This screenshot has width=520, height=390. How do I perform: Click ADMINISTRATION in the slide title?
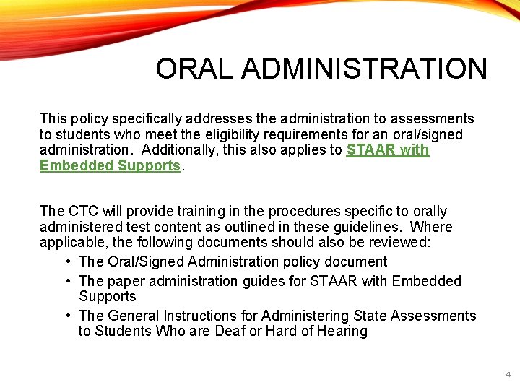(365, 69)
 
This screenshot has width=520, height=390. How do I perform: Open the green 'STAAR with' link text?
(388, 150)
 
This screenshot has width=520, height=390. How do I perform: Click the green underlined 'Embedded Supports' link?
(110, 165)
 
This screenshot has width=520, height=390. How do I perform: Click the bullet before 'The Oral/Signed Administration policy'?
(67, 261)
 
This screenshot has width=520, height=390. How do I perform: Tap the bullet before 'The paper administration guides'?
(67, 281)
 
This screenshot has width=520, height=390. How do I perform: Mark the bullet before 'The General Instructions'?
(67, 316)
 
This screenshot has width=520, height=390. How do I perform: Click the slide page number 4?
(508, 375)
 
